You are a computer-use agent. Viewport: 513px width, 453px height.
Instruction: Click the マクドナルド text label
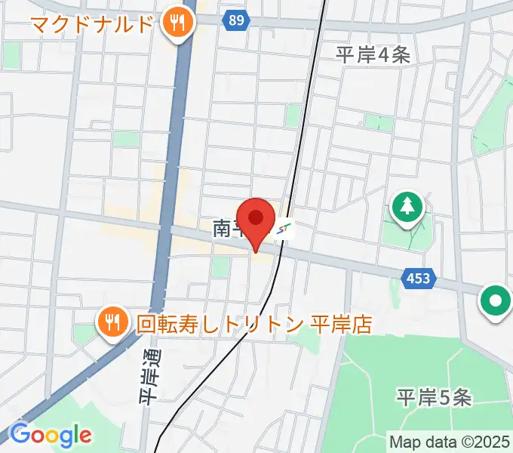(x=92, y=23)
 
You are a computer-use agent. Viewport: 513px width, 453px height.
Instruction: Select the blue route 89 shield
(x=236, y=20)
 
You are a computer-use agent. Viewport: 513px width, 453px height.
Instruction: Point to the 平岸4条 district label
(x=373, y=54)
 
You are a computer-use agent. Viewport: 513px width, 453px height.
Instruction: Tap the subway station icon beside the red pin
(x=284, y=228)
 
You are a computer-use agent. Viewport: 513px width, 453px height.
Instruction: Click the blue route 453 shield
(x=418, y=279)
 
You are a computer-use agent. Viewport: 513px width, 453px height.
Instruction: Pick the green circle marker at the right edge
(x=496, y=301)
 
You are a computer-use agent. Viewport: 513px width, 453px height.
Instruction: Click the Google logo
(x=50, y=435)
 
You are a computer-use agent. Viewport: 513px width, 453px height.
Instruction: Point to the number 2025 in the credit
(x=493, y=440)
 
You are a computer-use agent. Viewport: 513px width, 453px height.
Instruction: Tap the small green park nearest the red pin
(x=220, y=266)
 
